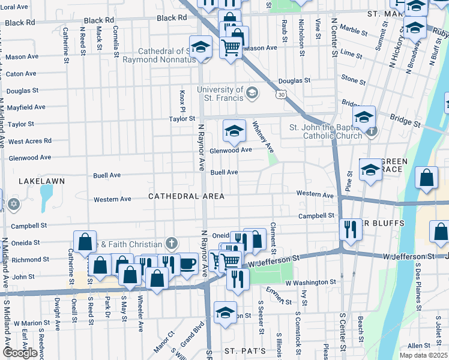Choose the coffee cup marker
(188, 263)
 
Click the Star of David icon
(13, 205)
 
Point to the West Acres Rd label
(30, 142)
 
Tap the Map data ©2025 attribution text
(424, 355)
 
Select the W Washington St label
(310, 282)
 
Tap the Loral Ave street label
(15, 7)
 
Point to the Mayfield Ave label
(26, 107)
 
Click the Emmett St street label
(275, 296)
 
